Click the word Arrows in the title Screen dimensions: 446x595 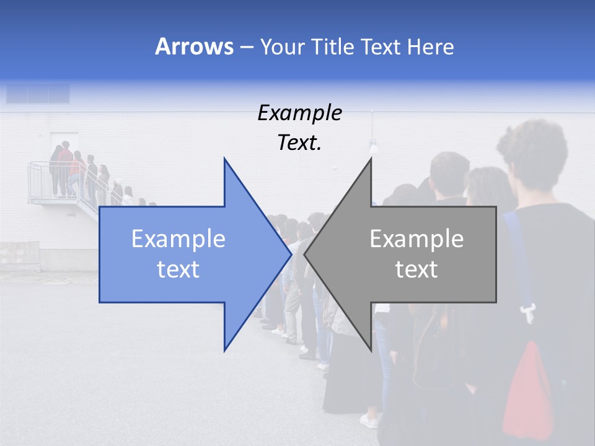pyautogui.click(x=194, y=46)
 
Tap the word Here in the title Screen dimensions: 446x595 pyautogui.click(x=430, y=47)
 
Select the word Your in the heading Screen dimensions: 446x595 pyautogui.click(x=283, y=47)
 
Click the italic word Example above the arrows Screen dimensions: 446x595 pyautogui.click(x=299, y=113)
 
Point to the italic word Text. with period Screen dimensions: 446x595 pyautogui.click(x=299, y=143)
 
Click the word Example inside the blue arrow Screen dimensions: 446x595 pyautogui.click(x=178, y=238)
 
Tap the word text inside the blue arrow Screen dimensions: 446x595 pyautogui.click(x=178, y=269)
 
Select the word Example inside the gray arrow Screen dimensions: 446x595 pyautogui.click(x=416, y=238)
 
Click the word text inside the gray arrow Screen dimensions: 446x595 pyautogui.click(x=416, y=269)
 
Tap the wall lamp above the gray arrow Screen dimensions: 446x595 pyautogui.click(x=374, y=147)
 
